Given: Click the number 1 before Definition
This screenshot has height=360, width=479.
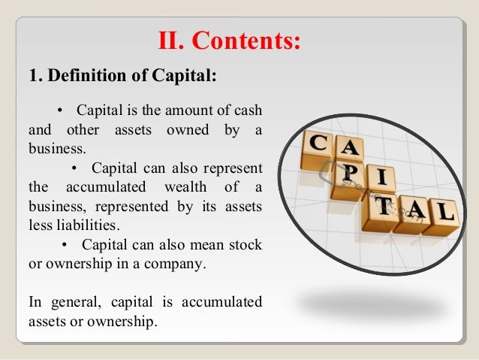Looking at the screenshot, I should (x=33, y=77).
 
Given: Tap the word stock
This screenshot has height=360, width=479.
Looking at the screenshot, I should (x=246, y=245).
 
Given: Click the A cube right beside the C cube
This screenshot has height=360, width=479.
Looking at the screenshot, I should (x=350, y=151).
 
